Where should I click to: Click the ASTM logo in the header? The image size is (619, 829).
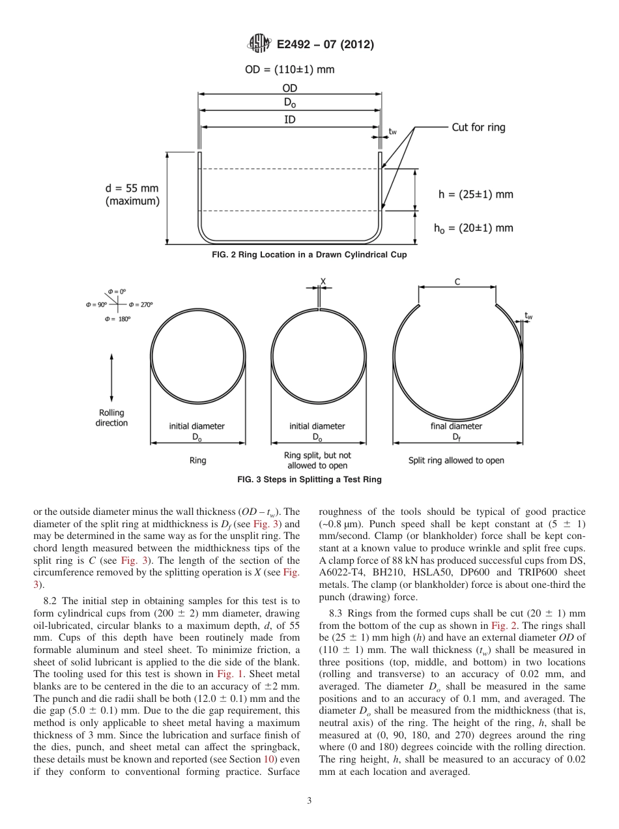pyautogui.click(x=259, y=44)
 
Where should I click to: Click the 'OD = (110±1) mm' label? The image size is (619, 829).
pyautogui.click(x=289, y=70)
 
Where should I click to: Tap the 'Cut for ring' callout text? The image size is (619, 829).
pyautogui.click(x=478, y=128)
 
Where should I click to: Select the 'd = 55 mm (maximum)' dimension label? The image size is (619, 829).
pyautogui.click(x=132, y=195)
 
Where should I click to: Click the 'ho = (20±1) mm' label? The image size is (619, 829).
pyautogui.click(x=473, y=227)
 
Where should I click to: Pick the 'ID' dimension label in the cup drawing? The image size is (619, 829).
pyautogui.click(x=289, y=120)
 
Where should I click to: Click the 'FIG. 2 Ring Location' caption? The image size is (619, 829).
pyautogui.click(x=309, y=255)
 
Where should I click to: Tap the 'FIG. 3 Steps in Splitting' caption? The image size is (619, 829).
pyautogui.click(x=309, y=480)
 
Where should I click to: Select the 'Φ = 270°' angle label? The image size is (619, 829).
pyautogui.click(x=141, y=305)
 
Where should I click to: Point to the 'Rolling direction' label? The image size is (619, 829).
pyautogui.click(x=112, y=418)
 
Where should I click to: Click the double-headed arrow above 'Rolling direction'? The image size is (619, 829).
pyautogui.click(x=112, y=377)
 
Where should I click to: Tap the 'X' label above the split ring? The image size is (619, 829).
pyautogui.click(x=323, y=282)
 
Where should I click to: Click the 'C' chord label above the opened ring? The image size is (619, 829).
pyautogui.click(x=457, y=282)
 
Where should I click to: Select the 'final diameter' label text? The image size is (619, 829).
pyautogui.click(x=456, y=426)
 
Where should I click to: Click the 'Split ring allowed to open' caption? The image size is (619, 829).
pyautogui.click(x=456, y=460)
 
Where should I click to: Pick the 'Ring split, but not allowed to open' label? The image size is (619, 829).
pyautogui.click(x=317, y=460)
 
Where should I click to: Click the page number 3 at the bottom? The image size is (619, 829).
pyautogui.click(x=309, y=801)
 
